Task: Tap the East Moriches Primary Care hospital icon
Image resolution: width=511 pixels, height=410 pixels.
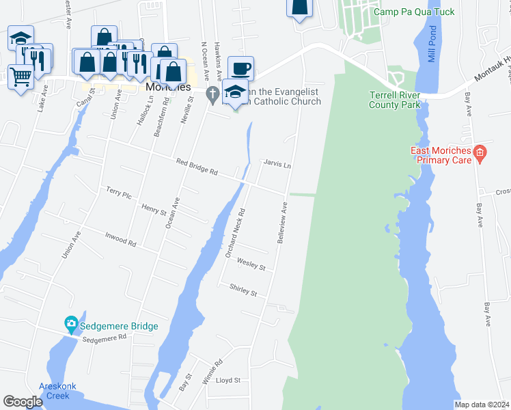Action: (x=480, y=155)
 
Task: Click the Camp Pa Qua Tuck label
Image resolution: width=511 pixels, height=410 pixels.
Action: (x=406, y=12)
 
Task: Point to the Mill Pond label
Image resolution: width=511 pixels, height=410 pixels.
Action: (x=432, y=44)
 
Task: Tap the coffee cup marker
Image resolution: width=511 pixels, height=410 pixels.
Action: (x=240, y=68)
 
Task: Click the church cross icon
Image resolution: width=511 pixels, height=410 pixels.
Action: (x=212, y=94)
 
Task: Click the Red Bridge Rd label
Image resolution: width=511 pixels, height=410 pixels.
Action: (x=196, y=167)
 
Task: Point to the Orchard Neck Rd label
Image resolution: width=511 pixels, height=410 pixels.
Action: (x=235, y=234)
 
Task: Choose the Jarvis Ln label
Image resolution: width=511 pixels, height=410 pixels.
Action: (x=277, y=165)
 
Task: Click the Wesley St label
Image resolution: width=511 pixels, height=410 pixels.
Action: (x=251, y=263)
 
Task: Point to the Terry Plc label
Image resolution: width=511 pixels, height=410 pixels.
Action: (x=118, y=193)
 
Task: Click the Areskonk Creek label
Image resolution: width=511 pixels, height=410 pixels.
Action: (x=58, y=391)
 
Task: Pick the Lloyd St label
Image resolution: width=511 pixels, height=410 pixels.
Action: (x=228, y=380)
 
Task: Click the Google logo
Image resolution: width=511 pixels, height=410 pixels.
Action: (x=23, y=402)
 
